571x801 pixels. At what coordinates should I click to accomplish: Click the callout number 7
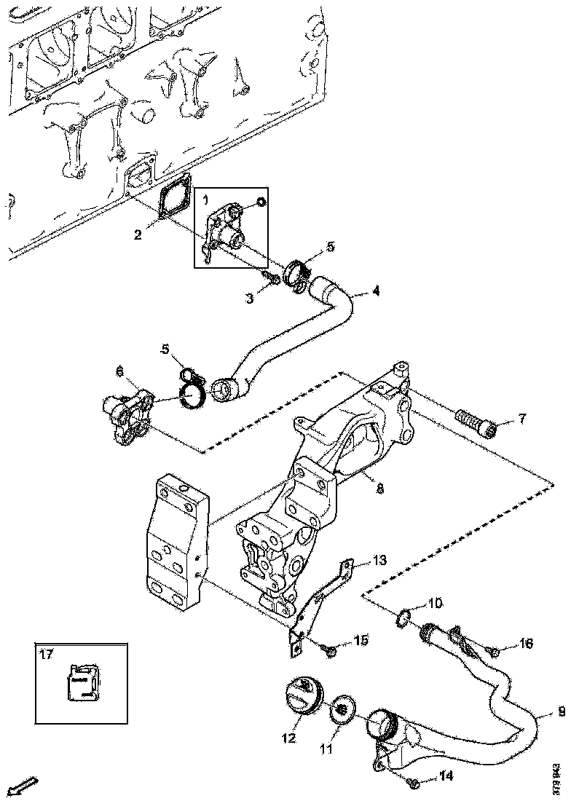pos(521,419)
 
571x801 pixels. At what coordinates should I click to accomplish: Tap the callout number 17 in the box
pos(46,655)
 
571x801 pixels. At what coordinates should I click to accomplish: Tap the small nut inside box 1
pos(263,202)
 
